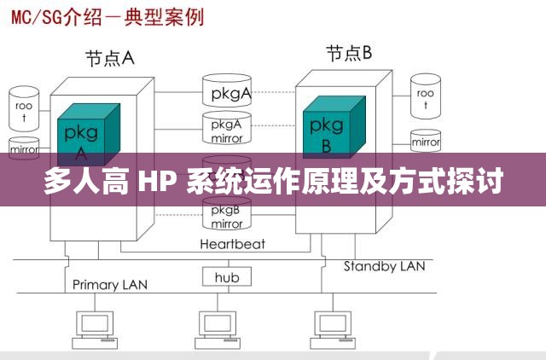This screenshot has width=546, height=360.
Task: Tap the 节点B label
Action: point(349,54)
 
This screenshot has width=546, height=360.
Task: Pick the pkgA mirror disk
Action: point(227,129)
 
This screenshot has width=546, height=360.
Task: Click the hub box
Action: point(226,277)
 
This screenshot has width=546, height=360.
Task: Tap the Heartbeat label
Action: point(232,244)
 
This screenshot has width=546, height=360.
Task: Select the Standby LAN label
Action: point(384,266)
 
